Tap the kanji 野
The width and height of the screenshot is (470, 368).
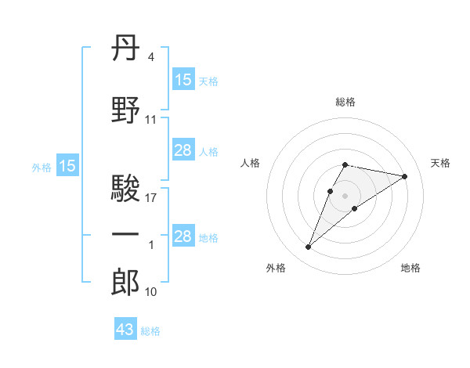point(126,110)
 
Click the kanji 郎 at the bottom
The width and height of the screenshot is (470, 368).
point(126,282)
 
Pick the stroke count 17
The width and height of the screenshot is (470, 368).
point(151,199)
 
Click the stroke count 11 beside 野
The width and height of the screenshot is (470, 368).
point(151,120)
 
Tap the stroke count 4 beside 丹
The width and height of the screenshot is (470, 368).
point(151,57)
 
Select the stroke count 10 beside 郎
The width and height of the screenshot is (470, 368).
point(151,292)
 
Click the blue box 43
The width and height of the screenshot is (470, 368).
point(125,330)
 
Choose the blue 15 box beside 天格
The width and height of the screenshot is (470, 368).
point(183,80)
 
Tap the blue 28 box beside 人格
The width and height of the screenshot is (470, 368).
point(183,150)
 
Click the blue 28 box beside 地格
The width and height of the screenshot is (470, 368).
point(183,236)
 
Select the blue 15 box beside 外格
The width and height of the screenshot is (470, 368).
point(67,166)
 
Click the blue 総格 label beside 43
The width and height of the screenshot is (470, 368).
point(151,331)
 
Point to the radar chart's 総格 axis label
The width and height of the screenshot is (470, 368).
point(345,102)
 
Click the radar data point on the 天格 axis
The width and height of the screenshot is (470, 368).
point(404,176)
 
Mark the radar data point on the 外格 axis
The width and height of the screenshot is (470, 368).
point(308,247)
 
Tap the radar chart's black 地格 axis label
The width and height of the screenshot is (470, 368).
point(410,269)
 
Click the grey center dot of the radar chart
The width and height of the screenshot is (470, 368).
point(345,194)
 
